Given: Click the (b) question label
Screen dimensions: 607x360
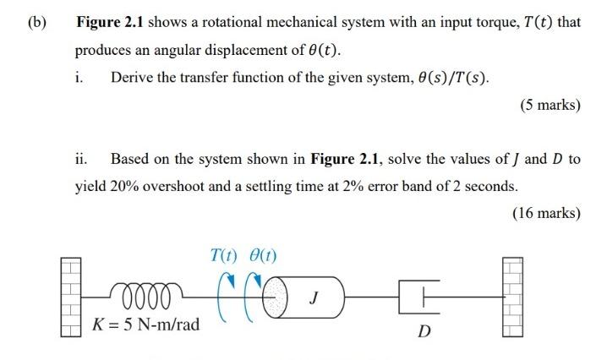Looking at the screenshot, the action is (36, 21).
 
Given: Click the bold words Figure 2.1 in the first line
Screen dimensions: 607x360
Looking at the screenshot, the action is (107, 21).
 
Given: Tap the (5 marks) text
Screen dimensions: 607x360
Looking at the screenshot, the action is (549, 105).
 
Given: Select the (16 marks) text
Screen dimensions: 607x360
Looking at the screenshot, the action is (545, 212).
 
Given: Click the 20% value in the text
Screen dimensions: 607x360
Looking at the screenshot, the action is (124, 186).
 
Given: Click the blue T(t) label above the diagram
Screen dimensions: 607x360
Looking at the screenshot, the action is (224, 255).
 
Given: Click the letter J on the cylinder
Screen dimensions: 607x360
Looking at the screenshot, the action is (314, 297).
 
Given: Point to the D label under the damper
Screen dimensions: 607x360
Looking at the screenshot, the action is (425, 330).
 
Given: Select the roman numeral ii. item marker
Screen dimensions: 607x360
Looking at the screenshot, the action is (81, 158).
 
